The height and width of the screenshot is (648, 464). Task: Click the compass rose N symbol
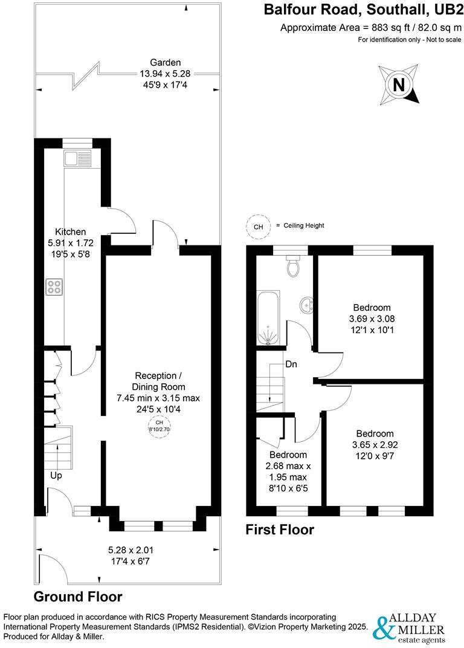coord(398,85)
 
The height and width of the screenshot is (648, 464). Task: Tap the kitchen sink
coord(76,159)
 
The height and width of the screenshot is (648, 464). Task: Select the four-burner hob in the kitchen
coord(53,287)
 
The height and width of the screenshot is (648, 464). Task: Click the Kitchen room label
coord(71,232)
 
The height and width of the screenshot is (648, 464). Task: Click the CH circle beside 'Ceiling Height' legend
coord(258,226)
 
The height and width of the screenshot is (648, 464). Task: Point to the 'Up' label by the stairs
coord(56,476)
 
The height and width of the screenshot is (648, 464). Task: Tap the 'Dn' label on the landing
coord(292,364)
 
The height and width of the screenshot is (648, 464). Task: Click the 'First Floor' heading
coord(280,530)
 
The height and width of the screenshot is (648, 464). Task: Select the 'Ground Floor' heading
coord(77,597)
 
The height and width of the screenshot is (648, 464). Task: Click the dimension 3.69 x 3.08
coord(372,319)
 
